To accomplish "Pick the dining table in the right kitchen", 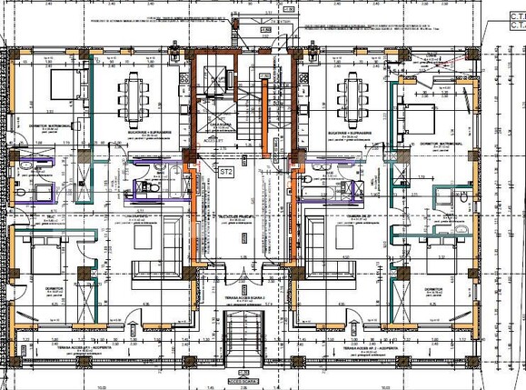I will (352, 93).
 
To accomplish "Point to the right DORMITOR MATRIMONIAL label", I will (442, 144).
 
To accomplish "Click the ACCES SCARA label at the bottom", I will (243, 381).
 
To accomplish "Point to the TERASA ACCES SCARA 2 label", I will (241, 297).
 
